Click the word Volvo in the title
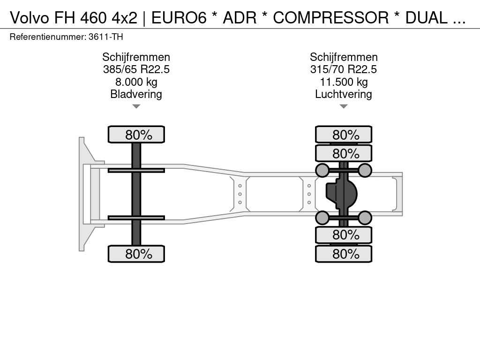30,18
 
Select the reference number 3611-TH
105,37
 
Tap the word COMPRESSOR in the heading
330,18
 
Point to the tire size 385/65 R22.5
136,69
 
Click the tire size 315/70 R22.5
344,69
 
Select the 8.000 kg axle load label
136,82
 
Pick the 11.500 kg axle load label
344,82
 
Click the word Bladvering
136,94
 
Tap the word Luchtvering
344,94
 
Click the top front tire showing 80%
136,135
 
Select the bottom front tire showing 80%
136,254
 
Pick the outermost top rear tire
344,135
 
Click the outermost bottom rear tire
344,254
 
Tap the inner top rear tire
344,153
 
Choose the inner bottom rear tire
344,235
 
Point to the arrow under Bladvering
136,106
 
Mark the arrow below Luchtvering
344,106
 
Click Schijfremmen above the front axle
136,57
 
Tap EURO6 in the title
179,18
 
